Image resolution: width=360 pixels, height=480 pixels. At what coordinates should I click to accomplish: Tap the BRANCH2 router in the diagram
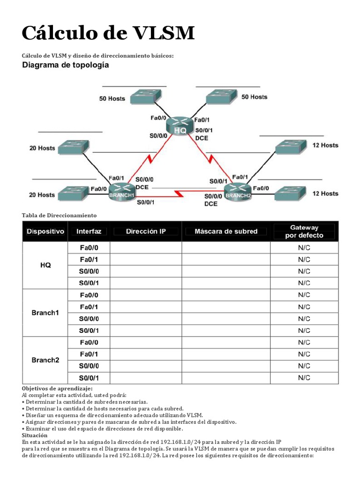pyautogui.click(x=237, y=192)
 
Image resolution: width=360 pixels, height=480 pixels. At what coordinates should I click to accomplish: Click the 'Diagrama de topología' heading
pyautogui.click(x=66, y=66)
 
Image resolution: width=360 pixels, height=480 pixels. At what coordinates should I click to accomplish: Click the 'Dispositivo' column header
pyautogui.click(x=45, y=231)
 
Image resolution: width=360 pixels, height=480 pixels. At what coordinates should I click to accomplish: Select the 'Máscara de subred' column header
pyautogui.click(x=226, y=231)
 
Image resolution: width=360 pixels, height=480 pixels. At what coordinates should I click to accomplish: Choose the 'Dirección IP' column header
pyautogui.click(x=146, y=231)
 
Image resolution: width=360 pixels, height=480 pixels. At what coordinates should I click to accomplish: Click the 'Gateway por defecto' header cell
pyautogui.click(x=304, y=231)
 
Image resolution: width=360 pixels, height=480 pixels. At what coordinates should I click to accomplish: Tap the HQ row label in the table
pyautogui.click(x=45, y=265)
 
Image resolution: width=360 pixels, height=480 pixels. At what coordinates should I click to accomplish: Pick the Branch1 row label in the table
pyautogui.click(x=45, y=313)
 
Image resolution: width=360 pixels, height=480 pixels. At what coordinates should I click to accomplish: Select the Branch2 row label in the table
pyautogui.click(x=45, y=360)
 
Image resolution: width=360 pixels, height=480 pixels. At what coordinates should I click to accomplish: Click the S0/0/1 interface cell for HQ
pyautogui.click(x=89, y=283)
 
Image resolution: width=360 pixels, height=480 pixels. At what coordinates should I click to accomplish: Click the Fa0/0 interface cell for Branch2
pyautogui.click(x=89, y=342)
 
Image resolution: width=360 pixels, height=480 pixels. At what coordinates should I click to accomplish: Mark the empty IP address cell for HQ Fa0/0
pyautogui.click(x=146, y=247)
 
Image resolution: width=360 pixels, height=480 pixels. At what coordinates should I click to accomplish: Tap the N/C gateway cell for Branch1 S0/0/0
pyautogui.click(x=304, y=319)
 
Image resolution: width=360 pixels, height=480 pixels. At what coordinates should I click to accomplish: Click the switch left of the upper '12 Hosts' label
pyautogui.click(x=289, y=147)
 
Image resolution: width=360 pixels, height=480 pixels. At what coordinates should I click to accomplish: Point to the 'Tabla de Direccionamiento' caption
pyautogui.click(x=59, y=215)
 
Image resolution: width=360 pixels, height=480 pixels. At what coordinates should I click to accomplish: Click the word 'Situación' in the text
pyautogui.click(x=35, y=435)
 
